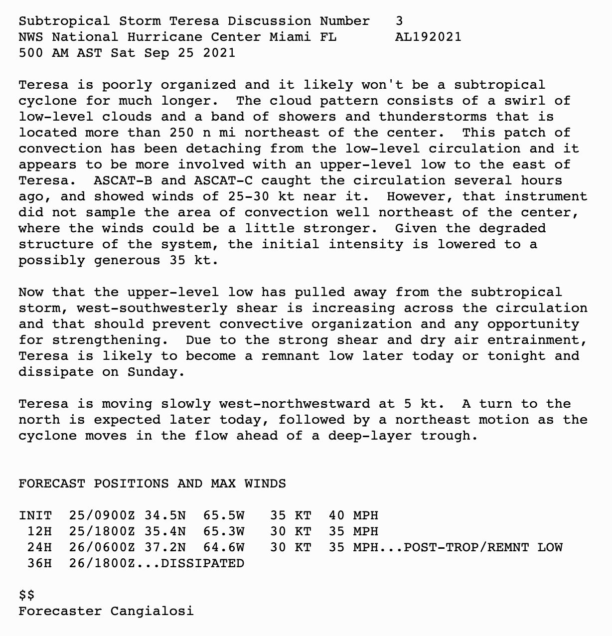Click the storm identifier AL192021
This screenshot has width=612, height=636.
click(x=428, y=37)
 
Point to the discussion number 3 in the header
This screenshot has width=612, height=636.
click(x=399, y=21)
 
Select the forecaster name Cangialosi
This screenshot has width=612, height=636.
click(x=152, y=611)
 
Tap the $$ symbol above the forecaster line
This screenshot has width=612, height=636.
click(x=27, y=595)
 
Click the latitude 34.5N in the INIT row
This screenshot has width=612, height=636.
click(x=165, y=515)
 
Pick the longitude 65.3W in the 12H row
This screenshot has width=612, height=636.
click(x=224, y=531)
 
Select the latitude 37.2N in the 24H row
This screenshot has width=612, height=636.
click(x=165, y=547)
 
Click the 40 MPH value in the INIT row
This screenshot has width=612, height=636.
click(x=353, y=515)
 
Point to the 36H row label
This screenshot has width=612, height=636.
click(x=39, y=563)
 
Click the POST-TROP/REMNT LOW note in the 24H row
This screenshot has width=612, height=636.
click(x=483, y=547)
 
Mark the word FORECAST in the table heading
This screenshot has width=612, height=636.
click(x=52, y=483)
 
